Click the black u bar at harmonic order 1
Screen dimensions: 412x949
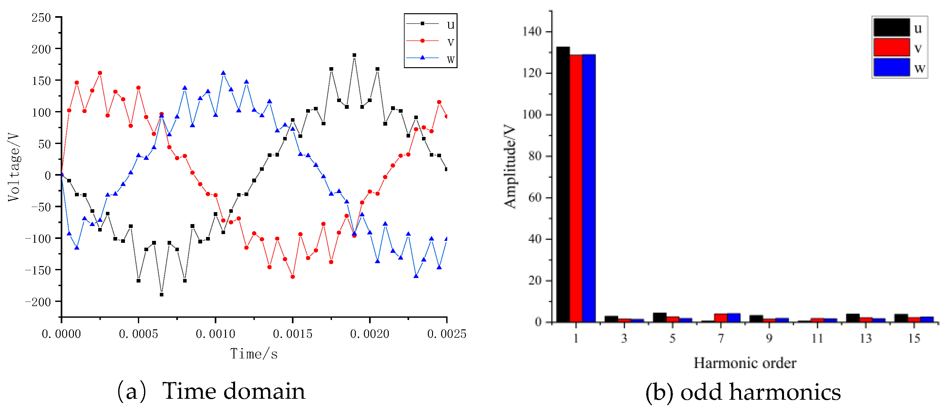562,184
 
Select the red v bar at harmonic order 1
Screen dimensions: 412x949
575,188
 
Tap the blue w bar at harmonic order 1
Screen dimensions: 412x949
588,188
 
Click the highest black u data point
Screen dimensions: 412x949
354,55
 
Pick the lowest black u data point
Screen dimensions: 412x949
161,294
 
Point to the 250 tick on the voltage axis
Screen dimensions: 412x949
41,17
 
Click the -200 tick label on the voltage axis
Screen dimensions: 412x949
38,302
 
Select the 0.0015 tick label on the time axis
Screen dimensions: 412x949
292,334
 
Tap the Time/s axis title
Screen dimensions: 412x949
254,354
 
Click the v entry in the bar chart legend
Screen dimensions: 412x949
899,47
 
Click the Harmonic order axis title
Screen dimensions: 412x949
745,363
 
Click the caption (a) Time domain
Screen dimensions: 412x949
211,391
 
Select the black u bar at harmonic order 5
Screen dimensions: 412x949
659,317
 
